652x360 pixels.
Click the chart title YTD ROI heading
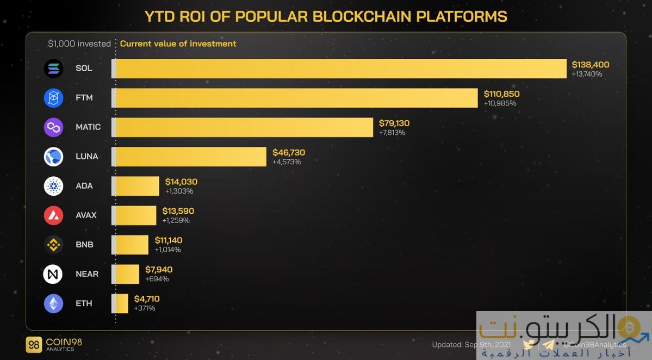[326, 16]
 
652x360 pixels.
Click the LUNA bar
[190, 157]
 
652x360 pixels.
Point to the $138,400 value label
[590, 65]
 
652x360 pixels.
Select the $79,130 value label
[394, 123]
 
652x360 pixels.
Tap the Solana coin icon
[53, 69]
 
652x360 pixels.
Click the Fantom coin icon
[53, 98]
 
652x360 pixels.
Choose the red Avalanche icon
[53, 215]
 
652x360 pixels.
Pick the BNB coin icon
[53, 245]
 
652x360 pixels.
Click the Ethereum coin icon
[53, 303]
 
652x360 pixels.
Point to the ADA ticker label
[84, 186]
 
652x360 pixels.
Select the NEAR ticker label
[87, 274]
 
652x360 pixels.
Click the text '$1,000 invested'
[79, 44]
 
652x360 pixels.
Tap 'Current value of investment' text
[178, 44]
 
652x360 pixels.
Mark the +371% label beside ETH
[145, 308]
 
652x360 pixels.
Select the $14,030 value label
[181, 182]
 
